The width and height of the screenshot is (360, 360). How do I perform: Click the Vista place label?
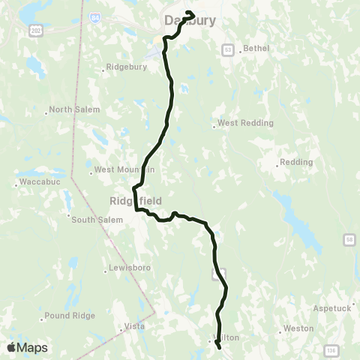pos(133,328)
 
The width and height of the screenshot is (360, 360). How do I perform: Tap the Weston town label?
pos(297,329)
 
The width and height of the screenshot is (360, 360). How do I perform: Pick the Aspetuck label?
pos(335,308)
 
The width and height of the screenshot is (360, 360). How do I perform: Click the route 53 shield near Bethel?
pos(228,49)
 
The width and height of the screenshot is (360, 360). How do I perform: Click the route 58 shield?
pos(349,239)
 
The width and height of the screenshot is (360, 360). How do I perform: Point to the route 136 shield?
pos(331,349)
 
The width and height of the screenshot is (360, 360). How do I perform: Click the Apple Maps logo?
pos(27,347)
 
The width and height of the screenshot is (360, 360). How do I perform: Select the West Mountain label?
pos(124,170)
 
